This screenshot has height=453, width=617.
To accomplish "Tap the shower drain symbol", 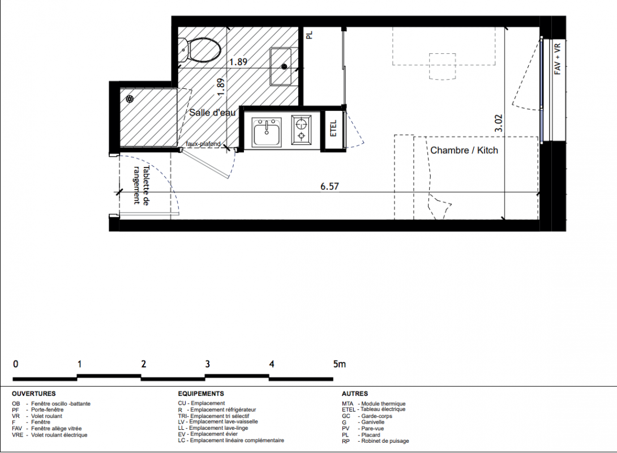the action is (x=130, y=99).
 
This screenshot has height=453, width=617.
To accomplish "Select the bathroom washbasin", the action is (x=281, y=66).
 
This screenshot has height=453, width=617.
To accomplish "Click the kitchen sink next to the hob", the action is (x=267, y=132).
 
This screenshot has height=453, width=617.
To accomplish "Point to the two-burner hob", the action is (x=301, y=130).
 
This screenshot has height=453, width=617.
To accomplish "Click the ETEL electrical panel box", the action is (x=333, y=130).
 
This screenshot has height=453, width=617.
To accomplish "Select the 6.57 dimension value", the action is (x=329, y=186).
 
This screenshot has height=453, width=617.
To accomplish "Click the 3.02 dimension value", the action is (x=499, y=123).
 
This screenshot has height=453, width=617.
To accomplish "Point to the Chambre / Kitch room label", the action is (x=464, y=151).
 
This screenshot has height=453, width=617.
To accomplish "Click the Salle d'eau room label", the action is (x=212, y=113).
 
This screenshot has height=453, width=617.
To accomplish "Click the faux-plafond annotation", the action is (x=203, y=144).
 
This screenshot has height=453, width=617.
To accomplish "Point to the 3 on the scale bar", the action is (x=207, y=364).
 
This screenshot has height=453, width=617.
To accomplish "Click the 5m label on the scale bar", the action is (x=339, y=364).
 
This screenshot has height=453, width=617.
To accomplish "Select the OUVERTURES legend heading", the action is (x=34, y=394).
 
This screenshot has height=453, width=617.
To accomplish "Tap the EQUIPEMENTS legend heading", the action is (x=201, y=394).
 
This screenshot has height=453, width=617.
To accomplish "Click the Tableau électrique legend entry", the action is (x=383, y=409).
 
